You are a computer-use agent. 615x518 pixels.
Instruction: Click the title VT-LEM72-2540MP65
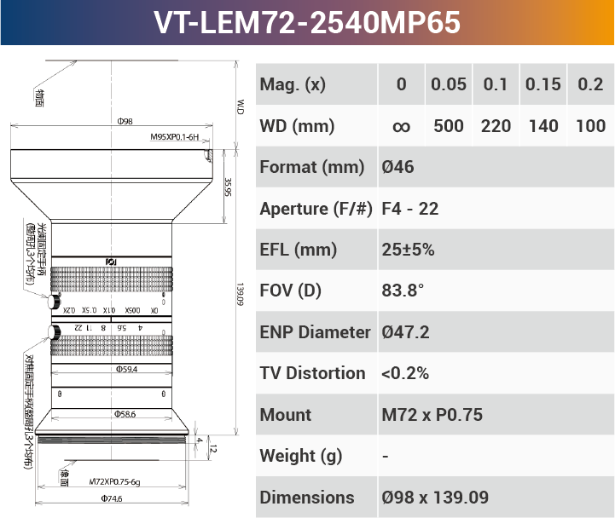(307, 22)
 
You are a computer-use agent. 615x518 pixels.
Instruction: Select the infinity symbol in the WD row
(401, 126)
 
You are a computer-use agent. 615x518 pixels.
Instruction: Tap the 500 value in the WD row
(449, 126)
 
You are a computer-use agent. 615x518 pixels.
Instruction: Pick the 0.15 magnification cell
(543, 84)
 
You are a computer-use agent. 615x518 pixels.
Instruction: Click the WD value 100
(590, 126)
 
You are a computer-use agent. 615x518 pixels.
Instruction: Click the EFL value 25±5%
(408, 250)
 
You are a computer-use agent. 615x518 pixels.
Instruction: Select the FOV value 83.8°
(403, 291)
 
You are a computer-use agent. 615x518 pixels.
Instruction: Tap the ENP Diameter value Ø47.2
(405, 332)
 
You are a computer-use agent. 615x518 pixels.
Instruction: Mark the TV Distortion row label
(312, 373)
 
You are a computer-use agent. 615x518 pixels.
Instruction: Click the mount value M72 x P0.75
(432, 415)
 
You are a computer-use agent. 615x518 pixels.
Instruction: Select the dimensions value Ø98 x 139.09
(435, 498)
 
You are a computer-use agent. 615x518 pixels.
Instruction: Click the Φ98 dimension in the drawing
(125, 122)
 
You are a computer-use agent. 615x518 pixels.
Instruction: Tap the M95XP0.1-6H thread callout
(174, 136)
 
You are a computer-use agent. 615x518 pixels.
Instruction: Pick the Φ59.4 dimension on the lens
(126, 370)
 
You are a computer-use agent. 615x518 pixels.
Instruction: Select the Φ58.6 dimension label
(125, 413)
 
